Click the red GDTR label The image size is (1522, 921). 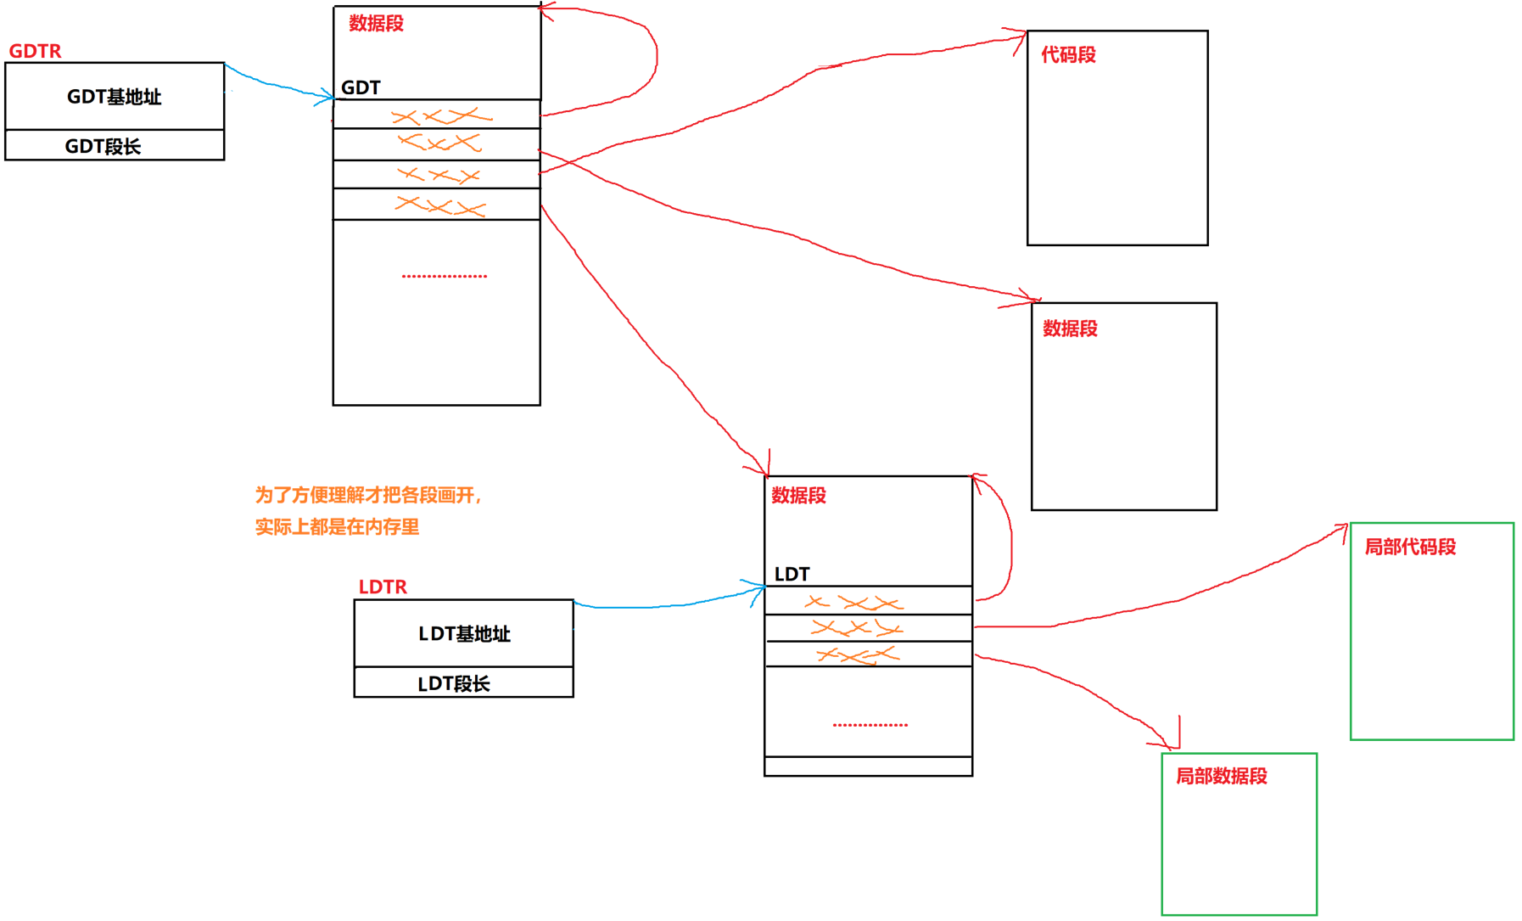[x=35, y=51]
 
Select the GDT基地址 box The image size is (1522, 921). [x=115, y=96]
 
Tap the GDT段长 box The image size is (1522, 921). [x=115, y=145]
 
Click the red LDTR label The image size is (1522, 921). [x=383, y=587]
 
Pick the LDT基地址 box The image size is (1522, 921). [x=463, y=633]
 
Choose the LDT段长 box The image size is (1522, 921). [x=463, y=682]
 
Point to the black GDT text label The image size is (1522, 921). [x=361, y=87]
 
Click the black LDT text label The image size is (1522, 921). [x=792, y=574]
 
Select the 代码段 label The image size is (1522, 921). [x=1068, y=55]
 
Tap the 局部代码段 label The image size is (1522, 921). [x=1409, y=547]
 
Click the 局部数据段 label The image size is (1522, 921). [x=1221, y=776]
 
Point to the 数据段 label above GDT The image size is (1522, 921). [x=376, y=24]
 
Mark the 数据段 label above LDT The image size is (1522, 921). [x=798, y=496]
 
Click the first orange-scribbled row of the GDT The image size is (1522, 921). [x=437, y=115]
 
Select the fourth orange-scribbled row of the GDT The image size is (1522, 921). [x=437, y=205]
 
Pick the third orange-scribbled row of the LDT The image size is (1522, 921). [x=867, y=654]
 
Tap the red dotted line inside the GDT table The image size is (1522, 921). [x=444, y=276]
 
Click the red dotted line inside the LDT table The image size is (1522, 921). [x=870, y=725]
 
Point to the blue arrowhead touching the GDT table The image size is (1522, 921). [x=327, y=98]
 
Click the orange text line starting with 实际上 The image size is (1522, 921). [x=337, y=527]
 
